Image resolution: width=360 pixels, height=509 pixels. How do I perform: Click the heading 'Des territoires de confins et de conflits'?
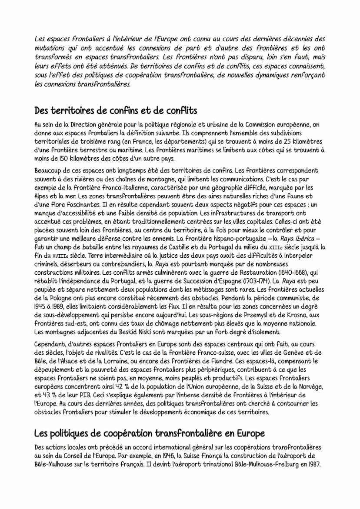[116, 110]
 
